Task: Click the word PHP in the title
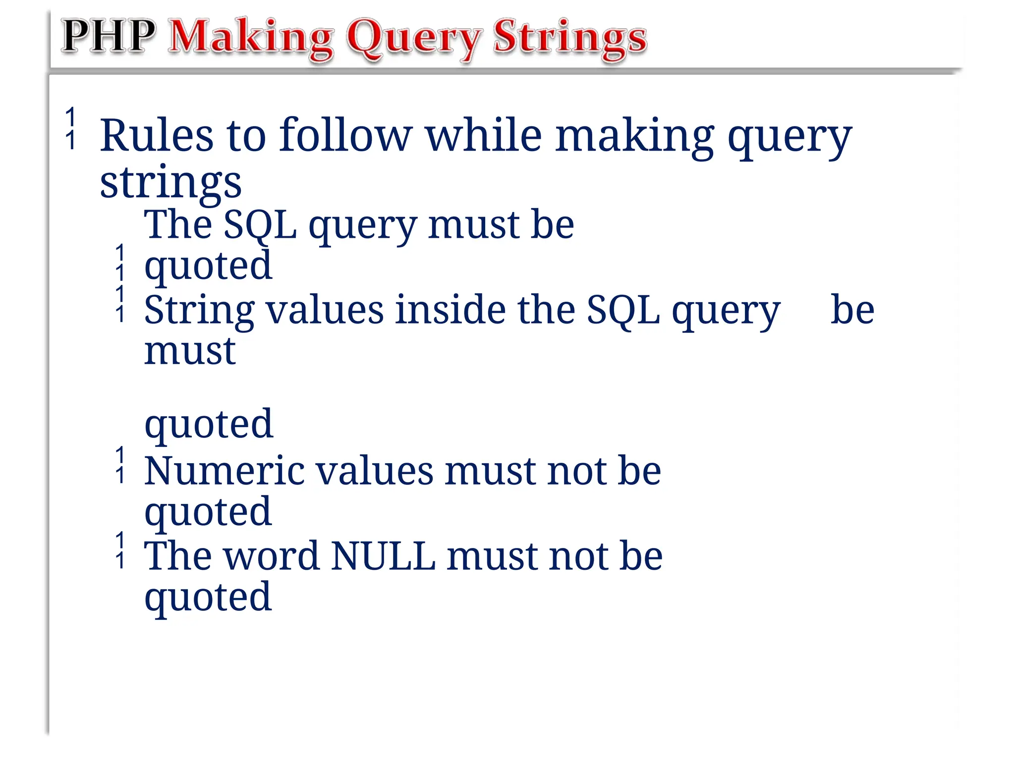point(108,36)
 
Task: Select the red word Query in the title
point(413,40)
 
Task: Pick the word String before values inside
point(199,311)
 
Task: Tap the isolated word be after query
point(852,310)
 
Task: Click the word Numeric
point(224,471)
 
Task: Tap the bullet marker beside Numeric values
point(120,465)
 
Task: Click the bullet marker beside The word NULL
point(120,550)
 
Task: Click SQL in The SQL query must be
point(260,226)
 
